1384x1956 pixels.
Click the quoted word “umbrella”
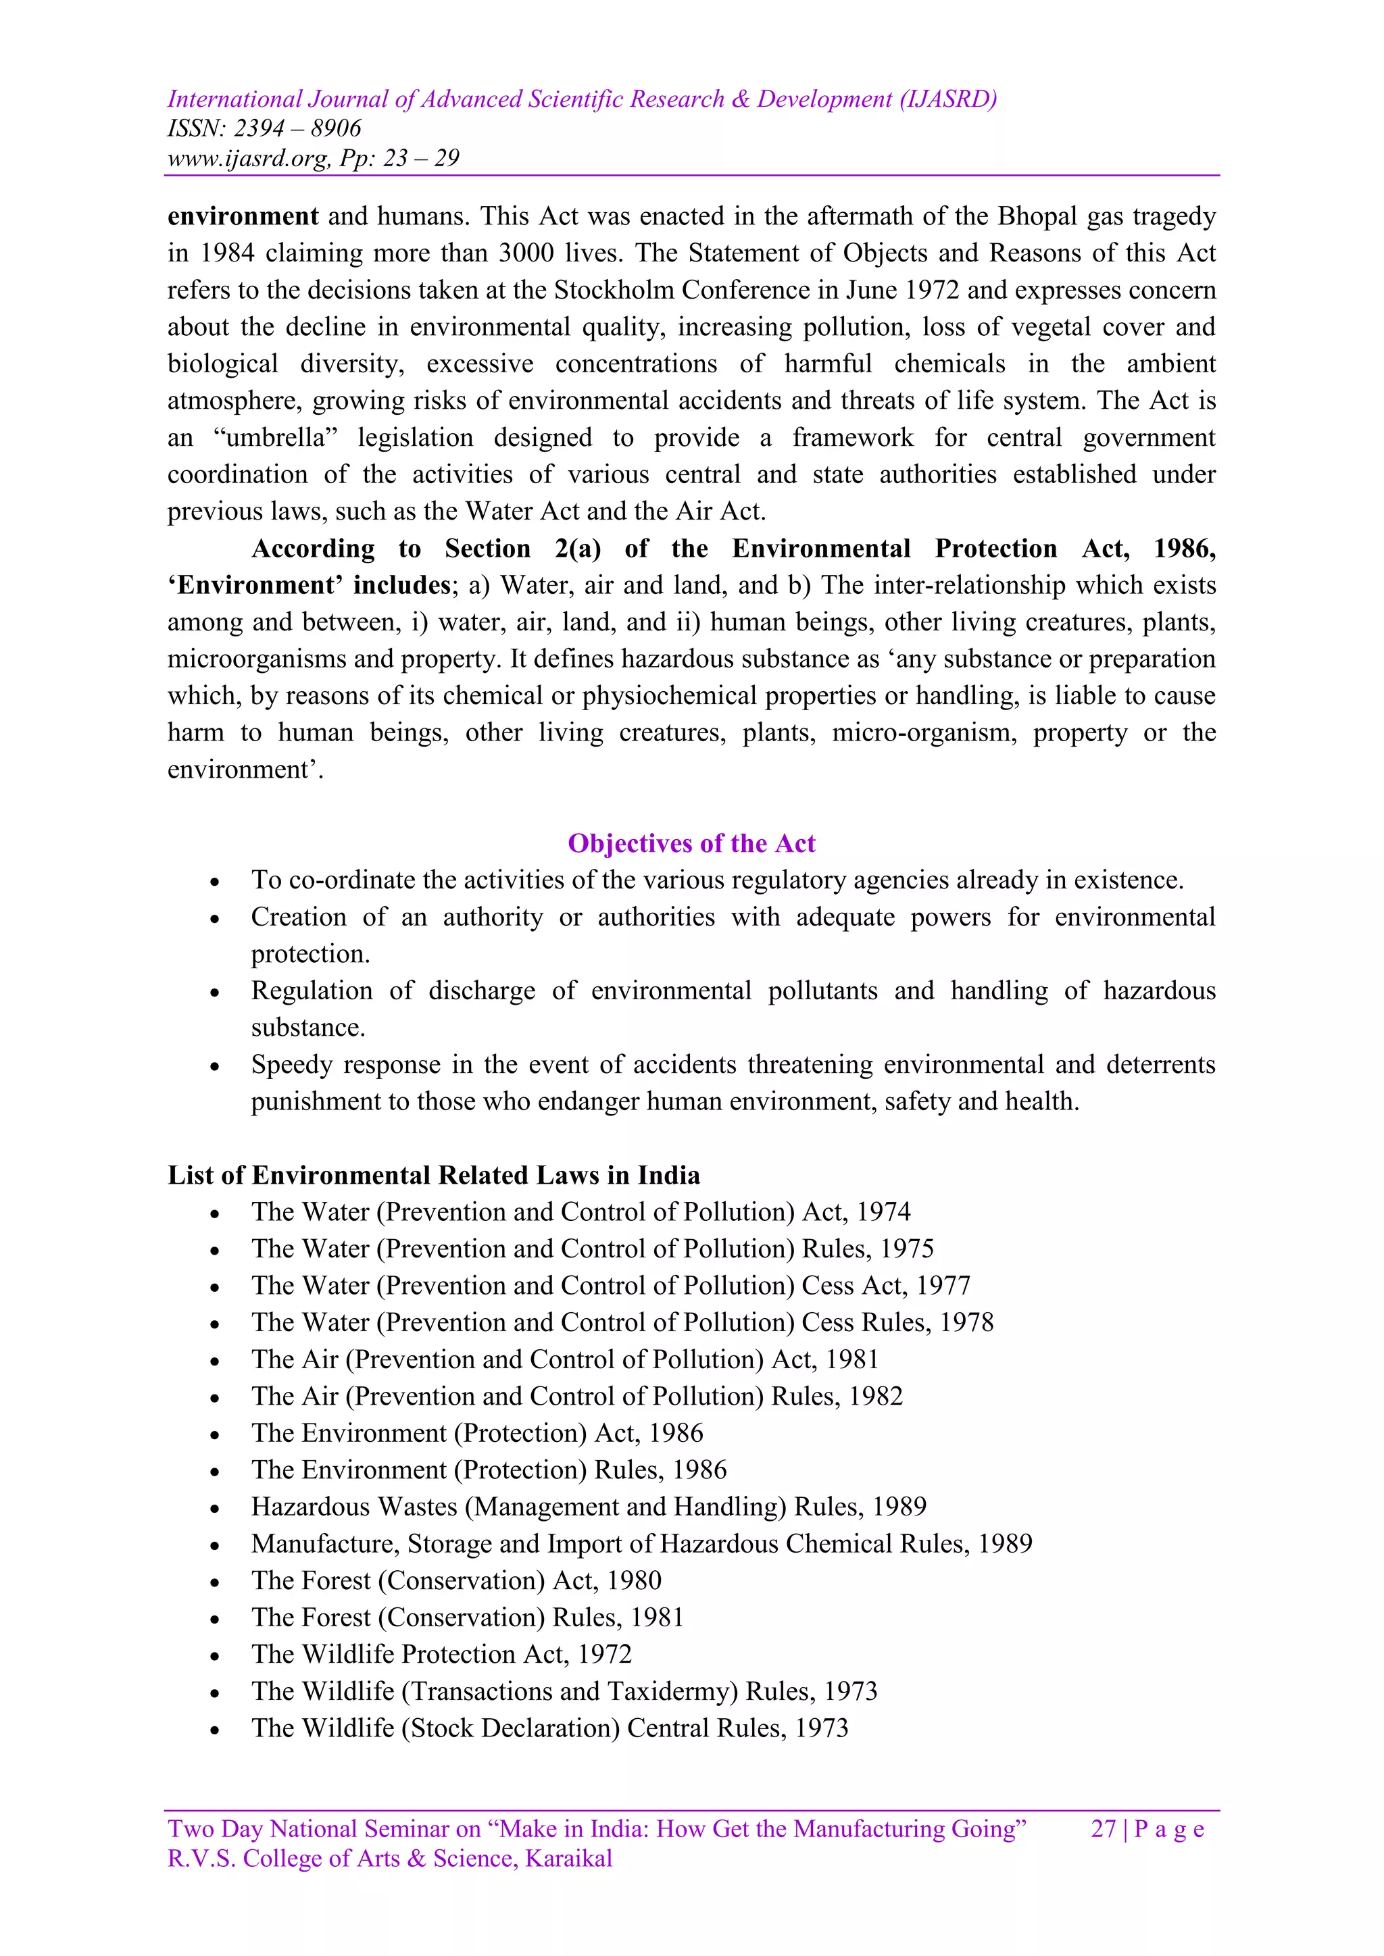(275, 438)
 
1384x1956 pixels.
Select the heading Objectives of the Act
(691, 843)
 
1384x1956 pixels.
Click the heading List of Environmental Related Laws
(433, 1176)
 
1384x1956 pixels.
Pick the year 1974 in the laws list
(884, 1212)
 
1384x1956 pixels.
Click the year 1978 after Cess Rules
(966, 1323)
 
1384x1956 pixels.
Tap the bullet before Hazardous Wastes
(216, 1509)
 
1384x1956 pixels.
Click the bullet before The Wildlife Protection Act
(216, 1656)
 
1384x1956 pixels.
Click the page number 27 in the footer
(1103, 1829)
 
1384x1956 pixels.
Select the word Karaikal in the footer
(568, 1859)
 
